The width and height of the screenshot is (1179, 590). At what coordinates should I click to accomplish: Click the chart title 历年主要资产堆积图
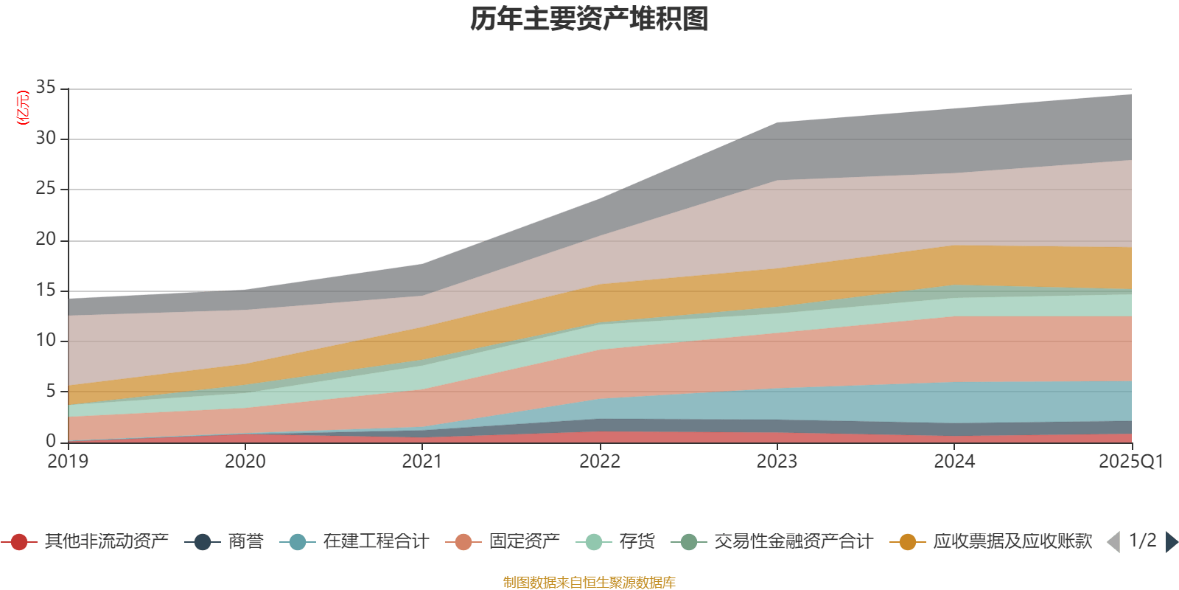[589, 19]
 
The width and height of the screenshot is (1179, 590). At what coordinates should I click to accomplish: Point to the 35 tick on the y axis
[46, 87]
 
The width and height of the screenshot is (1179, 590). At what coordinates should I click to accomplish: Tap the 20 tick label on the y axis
[46, 239]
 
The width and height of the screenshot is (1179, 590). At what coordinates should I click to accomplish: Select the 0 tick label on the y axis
[51, 441]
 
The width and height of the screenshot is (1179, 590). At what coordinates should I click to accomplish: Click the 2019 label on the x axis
[68, 462]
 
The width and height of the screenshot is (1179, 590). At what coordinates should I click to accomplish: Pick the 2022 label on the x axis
[600, 462]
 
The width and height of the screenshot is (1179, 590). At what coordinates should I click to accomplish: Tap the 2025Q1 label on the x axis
[1131, 462]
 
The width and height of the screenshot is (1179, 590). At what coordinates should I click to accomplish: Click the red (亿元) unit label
[23, 108]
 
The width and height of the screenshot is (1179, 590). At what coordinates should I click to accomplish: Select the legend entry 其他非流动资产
[85, 541]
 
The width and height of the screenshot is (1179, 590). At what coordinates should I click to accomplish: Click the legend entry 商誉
[224, 541]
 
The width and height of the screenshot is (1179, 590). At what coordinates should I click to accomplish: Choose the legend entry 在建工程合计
[354, 541]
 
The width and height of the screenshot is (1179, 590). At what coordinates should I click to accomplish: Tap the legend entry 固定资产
[503, 541]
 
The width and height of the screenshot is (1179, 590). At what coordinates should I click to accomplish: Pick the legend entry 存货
[616, 541]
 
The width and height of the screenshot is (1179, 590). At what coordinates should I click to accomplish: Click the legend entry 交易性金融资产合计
[772, 541]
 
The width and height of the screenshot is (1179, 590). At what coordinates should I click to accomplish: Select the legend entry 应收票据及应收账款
[991, 541]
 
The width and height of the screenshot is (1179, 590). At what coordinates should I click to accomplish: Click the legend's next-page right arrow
[1172, 541]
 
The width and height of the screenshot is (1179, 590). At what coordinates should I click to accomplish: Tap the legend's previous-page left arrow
[1113, 541]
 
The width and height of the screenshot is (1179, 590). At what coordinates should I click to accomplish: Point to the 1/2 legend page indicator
[1143, 541]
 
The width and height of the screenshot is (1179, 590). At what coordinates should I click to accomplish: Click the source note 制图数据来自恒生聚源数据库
[589, 582]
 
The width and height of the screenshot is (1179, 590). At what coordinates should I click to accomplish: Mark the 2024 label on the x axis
[954, 462]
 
